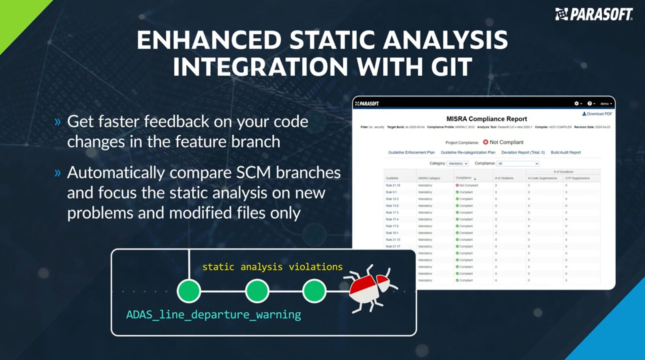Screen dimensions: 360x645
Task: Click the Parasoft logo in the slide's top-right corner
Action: tap(594, 14)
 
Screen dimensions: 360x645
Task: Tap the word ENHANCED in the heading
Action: tap(209, 40)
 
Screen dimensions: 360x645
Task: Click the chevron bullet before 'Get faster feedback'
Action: tap(58, 122)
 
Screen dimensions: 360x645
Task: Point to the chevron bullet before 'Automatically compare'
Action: tap(58, 173)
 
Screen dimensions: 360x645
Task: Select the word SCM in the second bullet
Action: tap(253, 173)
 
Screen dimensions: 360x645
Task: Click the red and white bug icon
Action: tap(370, 288)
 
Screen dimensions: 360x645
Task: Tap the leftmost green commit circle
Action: tap(189, 291)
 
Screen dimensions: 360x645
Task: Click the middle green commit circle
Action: tap(257, 291)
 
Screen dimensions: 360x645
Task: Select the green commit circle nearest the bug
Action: tap(314, 291)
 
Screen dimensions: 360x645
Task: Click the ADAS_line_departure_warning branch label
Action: tap(213, 315)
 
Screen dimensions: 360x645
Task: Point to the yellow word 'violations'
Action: tap(315, 267)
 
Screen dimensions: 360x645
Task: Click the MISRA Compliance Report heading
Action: tap(486, 119)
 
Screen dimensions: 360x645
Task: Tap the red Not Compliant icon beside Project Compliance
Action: tap(485, 142)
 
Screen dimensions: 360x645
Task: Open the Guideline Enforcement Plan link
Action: tap(411, 152)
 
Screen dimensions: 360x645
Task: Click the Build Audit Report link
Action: tap(565, 152)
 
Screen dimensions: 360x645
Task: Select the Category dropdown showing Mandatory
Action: tap(458, 164)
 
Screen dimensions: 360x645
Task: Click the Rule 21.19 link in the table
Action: tap(393, 185)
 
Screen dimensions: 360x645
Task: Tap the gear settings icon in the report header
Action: tap(576, 103)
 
